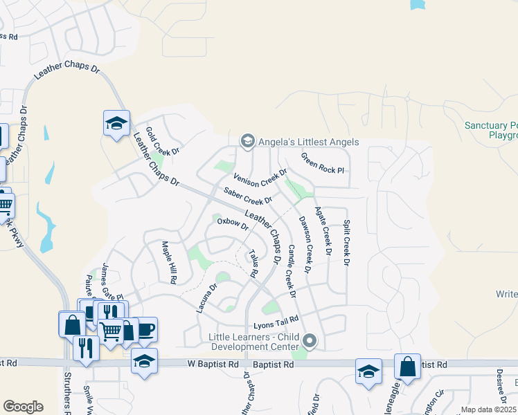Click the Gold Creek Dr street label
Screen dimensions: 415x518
[162, 141]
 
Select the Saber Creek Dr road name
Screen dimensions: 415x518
[247, 196]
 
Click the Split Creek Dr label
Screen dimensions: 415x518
[347, 243]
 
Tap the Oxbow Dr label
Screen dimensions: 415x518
[232, 224]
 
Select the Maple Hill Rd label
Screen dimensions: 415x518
[168, 262]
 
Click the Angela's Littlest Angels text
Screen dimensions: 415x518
[308, 142]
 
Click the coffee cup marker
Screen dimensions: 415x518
[145, 329]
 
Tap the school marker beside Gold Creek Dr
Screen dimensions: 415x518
[117, 124]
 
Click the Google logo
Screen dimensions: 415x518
[23, 407]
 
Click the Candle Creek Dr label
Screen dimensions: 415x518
[292, 271]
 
